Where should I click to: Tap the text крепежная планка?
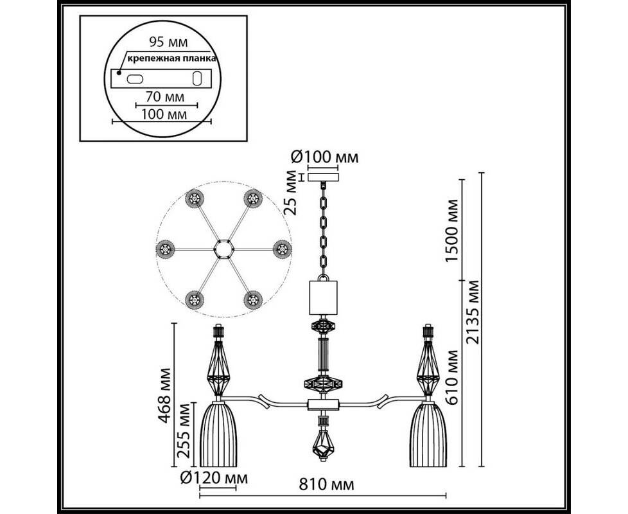click(x=170, y=58)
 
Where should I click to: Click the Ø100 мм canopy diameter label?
click(x=325, y=157)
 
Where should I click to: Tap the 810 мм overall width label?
click(x=324, y=483)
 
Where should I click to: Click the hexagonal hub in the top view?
click(x=223, y=248)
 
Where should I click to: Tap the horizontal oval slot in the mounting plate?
click(x=136, y=79)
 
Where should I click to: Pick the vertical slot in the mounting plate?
click(x=197, y=79)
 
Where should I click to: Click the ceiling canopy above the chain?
click(x=324, y=175)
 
